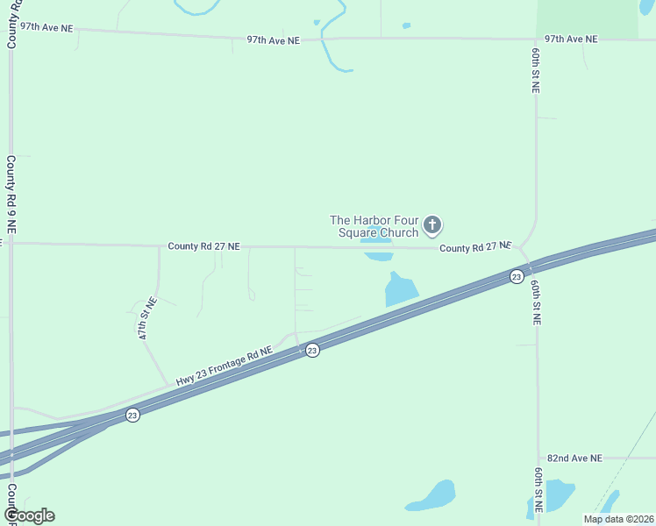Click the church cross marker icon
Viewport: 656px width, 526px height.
(431, 225)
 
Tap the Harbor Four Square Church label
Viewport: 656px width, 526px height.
(374, 226)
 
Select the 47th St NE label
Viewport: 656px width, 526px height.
(147, 318)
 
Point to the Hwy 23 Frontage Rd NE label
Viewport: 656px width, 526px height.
(224, 366)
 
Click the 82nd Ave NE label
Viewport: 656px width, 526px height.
(574, 458)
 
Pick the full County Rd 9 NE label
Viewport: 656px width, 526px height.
(11, 194)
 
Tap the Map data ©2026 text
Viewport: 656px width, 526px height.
(617, 519)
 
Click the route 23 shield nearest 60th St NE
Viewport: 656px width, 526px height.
(517, 277)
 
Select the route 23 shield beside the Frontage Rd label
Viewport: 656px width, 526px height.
(312, 350)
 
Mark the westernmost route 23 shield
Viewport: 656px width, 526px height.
(132, 415)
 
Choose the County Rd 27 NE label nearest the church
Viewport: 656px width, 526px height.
(474, 248)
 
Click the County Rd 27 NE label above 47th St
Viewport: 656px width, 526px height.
(204, 247)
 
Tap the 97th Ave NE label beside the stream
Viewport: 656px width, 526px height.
(274, 39)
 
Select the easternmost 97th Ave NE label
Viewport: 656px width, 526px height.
(570, 39)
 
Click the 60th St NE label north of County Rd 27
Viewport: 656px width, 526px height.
(535, 70)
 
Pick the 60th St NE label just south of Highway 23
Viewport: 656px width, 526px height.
(536, 303)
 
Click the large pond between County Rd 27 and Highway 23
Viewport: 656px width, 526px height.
(401, 288)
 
